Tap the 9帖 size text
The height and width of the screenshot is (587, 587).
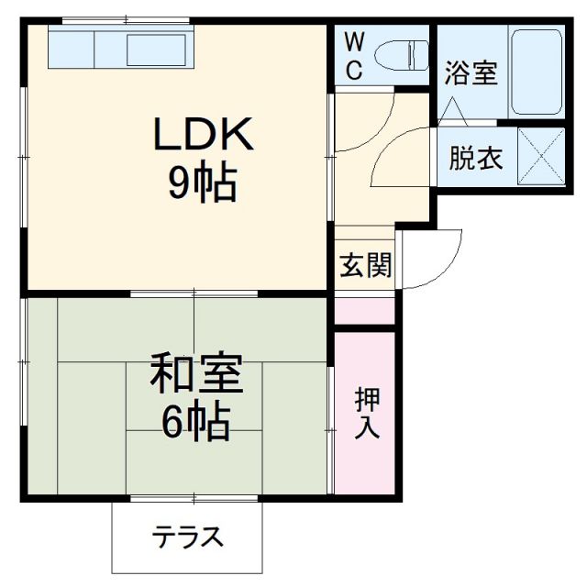click(202, 184)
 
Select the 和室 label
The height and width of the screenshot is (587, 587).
click(196, 377)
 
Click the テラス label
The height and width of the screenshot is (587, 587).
click(186, 537)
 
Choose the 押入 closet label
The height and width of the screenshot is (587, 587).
click(366, 414)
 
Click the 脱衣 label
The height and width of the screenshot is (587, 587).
click(474, 159)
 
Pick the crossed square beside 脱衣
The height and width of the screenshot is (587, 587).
click(540, 157)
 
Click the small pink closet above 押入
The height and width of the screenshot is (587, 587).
click(366, 310)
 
